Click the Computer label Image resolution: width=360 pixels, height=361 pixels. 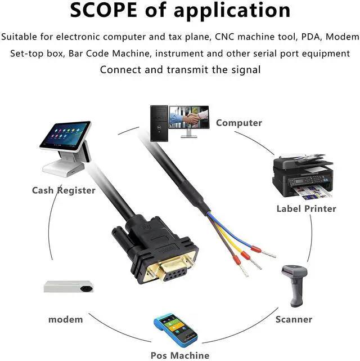pos(238,123)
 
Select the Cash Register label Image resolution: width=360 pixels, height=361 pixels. pos(64,190)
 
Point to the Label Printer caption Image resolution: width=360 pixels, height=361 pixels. pos(306,209)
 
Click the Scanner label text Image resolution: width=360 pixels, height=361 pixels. pos(294,319)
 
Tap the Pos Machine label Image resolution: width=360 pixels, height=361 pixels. pos(179,355)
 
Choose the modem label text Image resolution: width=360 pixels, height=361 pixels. pos(65,319)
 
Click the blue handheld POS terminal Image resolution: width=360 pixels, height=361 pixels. pos(175,329)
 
